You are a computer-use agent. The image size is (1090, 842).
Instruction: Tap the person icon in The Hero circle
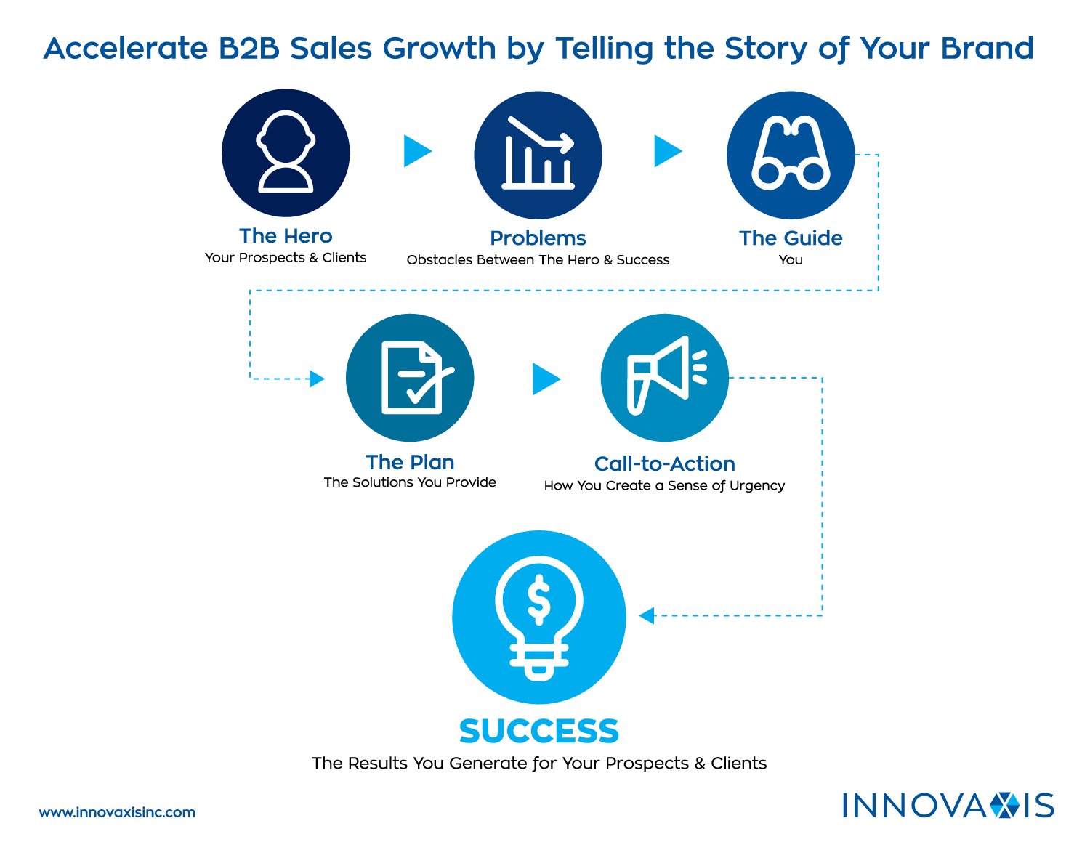(x=286, y=152)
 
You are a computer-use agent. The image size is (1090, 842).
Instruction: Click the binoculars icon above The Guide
(x=791, y=154)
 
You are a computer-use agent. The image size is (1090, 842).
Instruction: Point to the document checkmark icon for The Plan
(x=412, y=377)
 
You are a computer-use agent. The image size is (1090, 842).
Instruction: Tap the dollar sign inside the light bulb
(x=538, y=600)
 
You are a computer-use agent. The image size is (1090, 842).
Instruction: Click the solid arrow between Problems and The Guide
(x=667, y=151)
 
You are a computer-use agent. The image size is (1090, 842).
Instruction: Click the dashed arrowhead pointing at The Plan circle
(x=317, y=379)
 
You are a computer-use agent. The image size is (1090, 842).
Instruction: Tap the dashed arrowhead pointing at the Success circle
(x=647, y=615)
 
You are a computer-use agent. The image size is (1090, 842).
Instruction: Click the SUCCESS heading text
(x=538, y=732)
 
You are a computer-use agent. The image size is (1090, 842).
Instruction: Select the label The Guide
(x=791, y=238)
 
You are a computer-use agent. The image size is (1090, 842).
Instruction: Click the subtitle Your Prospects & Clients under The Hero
(x=286, y=258)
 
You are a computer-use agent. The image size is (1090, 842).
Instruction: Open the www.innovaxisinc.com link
(x=117, y=812)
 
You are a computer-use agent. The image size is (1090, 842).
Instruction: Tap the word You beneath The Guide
(x=791, y=260)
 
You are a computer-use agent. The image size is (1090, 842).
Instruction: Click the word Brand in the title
(x=987, y=49)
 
